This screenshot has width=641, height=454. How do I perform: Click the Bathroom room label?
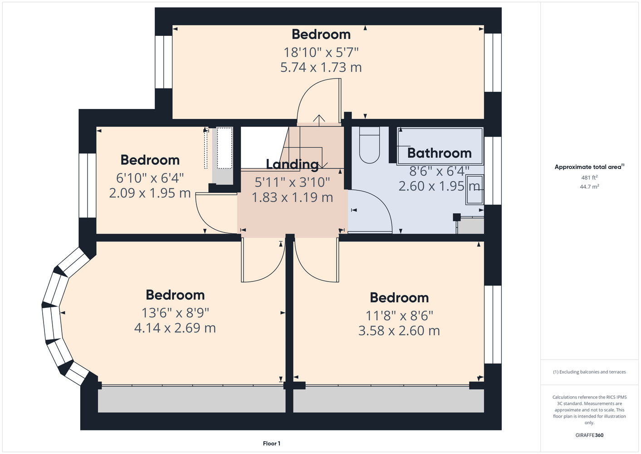pyautogui.click(x=439, y=153)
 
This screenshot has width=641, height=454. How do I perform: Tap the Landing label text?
pyautogui.click(x=292, y=164)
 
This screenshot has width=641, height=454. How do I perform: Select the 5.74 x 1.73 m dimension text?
pyautogui.click(x=321, y=67)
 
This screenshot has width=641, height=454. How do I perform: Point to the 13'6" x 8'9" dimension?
pyautogui.click(x=175, y=313)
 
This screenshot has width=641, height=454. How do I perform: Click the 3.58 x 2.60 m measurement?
pyautogui.click(x=399, y=331)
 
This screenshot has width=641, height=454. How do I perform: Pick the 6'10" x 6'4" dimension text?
pyautogui.click(x=150, y=178)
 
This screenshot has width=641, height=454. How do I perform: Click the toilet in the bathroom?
pyautogui.click(x=369, y=145)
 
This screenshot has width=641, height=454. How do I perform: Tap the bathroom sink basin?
pyautogui.click(x=475, y=190)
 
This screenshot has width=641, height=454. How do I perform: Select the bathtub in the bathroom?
pyautogui.click(x=440, y=146)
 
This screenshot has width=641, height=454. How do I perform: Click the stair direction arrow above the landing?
pyautogui.click(x=319, y=120)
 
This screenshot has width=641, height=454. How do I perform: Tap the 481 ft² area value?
pyautogui.click(x=589, y=178)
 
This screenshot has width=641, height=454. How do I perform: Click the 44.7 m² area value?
pyautogui.click(x=589, y=187)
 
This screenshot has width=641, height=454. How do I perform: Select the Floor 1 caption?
pyautogui.click(x=272, y=444)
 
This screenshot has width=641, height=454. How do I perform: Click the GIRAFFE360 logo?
pyautogui.click(x=589, y=435)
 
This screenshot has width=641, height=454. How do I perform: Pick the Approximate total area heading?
pyautogui.click(x=589, y=167)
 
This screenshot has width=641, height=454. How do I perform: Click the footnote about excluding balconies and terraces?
pyautogui.click(x=589, y=372)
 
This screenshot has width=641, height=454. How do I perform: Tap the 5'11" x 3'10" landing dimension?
pyautogui.click(x=292, y=182)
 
